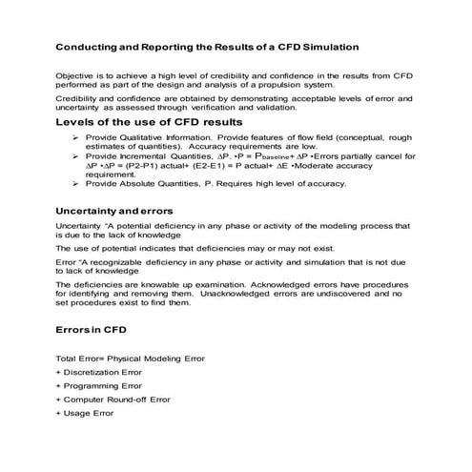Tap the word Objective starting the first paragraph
(75, 74)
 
